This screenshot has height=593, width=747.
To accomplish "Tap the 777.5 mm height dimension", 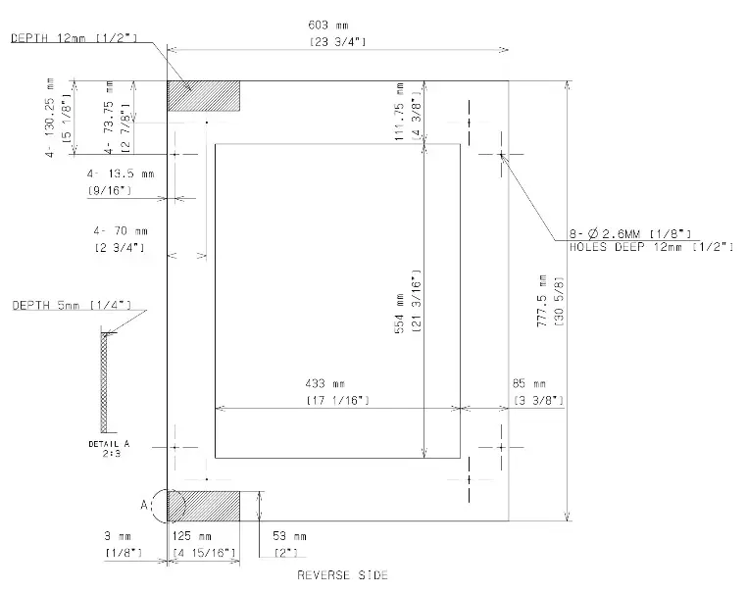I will click(542, 301).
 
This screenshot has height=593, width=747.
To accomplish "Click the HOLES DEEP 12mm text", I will click(651, 247).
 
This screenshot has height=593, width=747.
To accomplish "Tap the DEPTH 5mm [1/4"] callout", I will click(72, 306).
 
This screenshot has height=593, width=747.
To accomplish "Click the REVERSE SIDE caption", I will click(342, 574).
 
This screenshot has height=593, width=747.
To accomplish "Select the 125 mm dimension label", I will click(192, 537).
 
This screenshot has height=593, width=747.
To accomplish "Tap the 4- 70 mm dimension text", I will click(119, 231).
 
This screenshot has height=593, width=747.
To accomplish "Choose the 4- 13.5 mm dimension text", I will click(121, 173).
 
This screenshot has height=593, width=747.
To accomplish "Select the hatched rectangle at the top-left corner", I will click(204, 97).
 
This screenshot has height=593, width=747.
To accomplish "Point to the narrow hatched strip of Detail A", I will click(105, 381).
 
